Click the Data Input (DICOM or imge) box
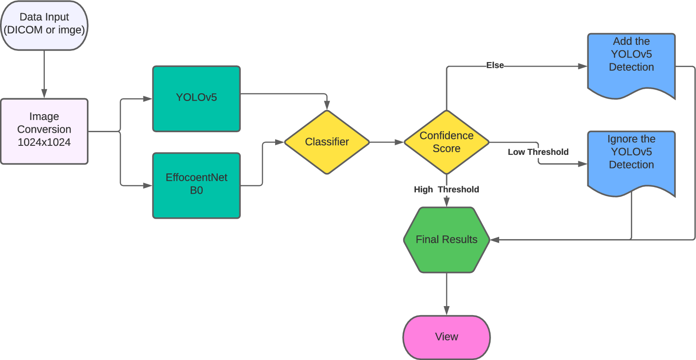coord(44,25)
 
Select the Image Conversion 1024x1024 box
coord(44,131)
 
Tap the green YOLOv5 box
coord(196,98)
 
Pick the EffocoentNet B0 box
coord(196,185)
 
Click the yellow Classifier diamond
coord(327,142)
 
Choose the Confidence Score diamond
coord(446,142)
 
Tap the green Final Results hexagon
coord(446,240)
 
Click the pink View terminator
coord(446,337)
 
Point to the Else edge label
coord(495,66)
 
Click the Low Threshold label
coord(538,152)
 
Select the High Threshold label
coord(446,190)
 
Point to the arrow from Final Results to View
coord(446,294)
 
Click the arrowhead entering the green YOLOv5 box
coord(148,99)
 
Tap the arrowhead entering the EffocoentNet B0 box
coord(148,185)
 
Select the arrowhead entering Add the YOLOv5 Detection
coord(583,66)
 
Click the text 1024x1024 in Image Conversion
coord(44,143)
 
